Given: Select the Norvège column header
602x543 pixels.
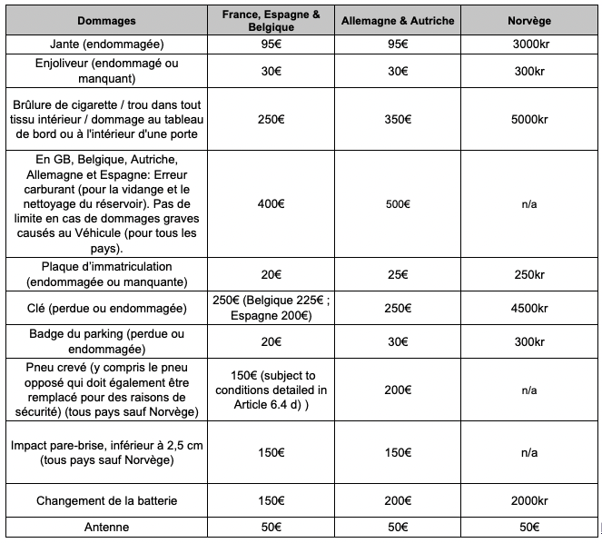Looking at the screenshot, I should [x=528, y=20].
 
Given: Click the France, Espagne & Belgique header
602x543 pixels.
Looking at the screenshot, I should [x=271, y=20].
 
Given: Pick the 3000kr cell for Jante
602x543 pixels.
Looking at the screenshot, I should [x=528, y=44].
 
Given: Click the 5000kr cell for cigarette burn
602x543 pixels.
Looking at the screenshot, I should [x=528, y=119].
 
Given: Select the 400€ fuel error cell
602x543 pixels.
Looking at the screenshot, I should [x=271, y=204].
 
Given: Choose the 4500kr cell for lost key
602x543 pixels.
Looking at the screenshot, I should [x=528, y=309].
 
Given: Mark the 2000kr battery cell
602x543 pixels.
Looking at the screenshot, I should [x=528, y=501].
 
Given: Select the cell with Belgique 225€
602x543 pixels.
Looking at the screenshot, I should [x=271, y=309].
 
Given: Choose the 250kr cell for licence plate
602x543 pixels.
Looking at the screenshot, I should [x=528, y=274].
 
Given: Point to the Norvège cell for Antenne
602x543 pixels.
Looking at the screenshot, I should [x=528, y=527].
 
